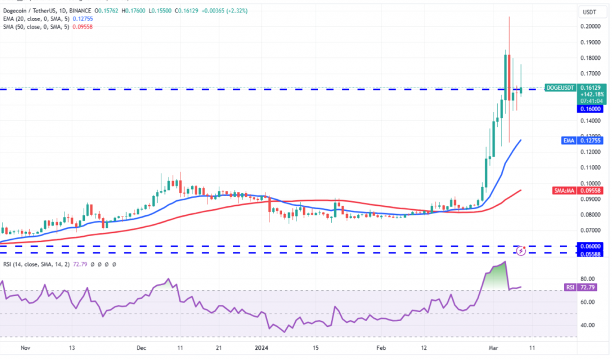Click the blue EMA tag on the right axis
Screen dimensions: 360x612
pos(569,141)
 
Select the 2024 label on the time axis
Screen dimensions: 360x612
pos(262,347)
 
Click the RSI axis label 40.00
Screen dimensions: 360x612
pos(587,325)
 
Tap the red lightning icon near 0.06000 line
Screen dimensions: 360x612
pos(521,251)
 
